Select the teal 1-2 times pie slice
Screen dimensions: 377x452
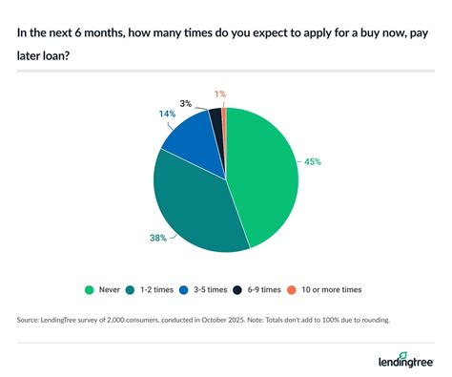click(195, 205)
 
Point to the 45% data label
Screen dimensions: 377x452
click(313, 161)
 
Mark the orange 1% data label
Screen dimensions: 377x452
click(220, 93)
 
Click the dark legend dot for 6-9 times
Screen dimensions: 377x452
click(250, 289)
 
